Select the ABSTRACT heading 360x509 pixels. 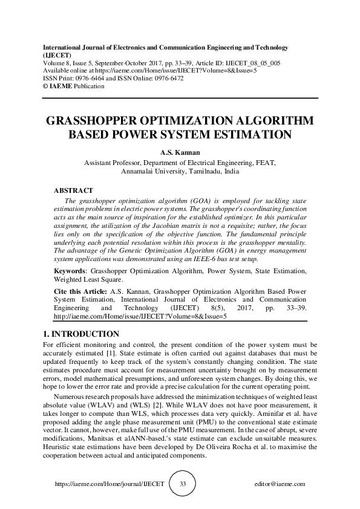(x=73, y=190)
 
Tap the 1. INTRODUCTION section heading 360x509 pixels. (x=82, y=334)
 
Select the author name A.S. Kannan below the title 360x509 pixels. (x=180, y=152)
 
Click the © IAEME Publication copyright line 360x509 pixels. (x=73, y=86)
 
